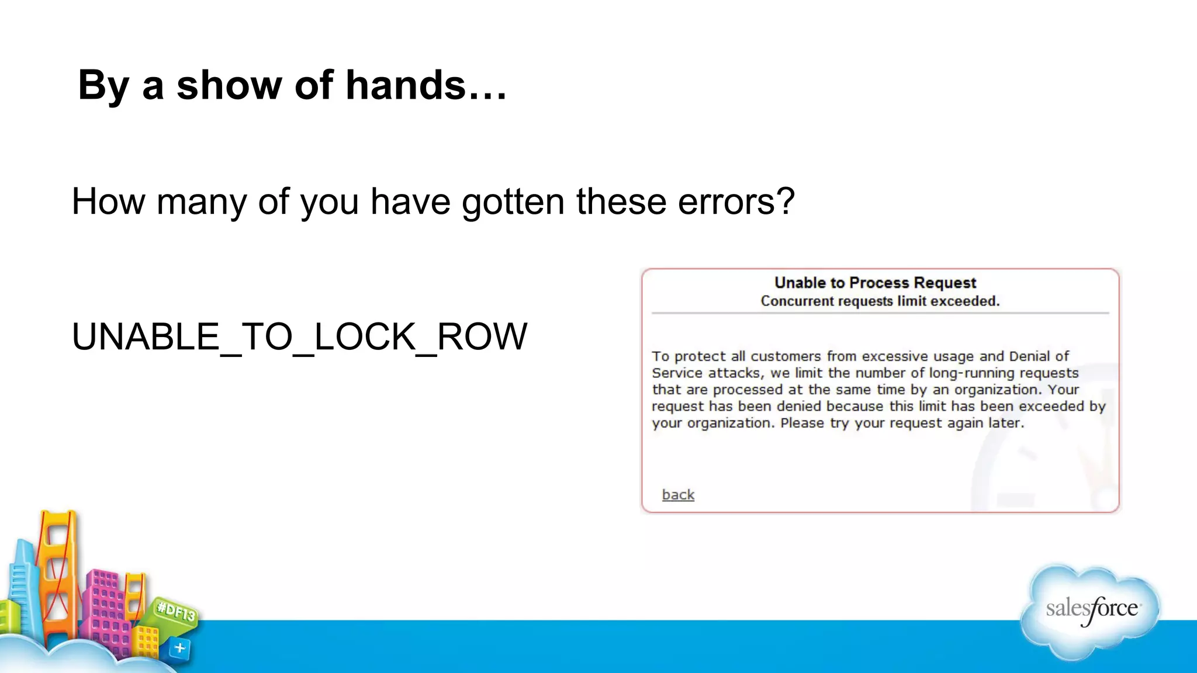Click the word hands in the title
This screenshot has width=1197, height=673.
point(406,85)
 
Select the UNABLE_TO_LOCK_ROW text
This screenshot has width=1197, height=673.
point(299,336)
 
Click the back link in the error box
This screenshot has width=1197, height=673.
point(678,495)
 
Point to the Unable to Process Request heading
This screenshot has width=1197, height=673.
point(875,283)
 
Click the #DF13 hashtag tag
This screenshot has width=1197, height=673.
point(176,612)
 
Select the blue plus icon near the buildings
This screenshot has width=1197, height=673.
point(179,648)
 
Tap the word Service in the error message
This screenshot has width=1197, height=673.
point(675,373)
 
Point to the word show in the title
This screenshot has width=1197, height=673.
point(229,85)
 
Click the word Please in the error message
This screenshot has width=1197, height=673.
point(802,423)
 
